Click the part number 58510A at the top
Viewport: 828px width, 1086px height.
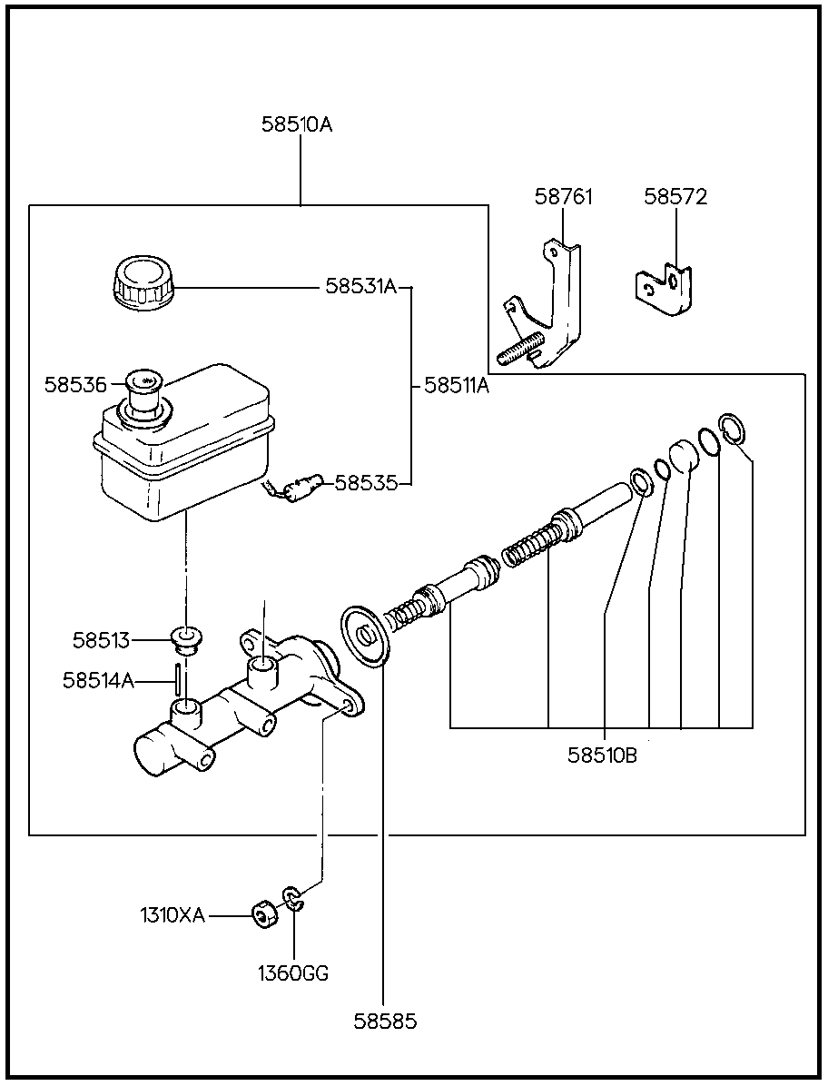pyautogui.click(x=297, y=124)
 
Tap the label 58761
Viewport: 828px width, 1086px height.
pyautogui.click(x=564, y=197)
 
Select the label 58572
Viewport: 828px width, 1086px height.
pyautogui.click(x=675, y=197)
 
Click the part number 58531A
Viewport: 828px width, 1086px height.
pyautogui.click(x=361, y=286)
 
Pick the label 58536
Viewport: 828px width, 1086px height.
pyautogui.click(x=76, y=384)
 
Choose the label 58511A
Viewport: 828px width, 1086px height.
pyautogui.click(x=457, y=386)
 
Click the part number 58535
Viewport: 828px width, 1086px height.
pyautogui.click(x=366, y=483)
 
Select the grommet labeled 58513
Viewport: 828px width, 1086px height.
pyautogui.click(x=185, y=641)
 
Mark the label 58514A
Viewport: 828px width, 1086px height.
pyautogui.click(x=98, y=681)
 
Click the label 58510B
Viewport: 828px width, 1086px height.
pyautogui.click(x=602, y=755)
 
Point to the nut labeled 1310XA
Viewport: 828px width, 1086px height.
pyautogui.click(x=264, y=915)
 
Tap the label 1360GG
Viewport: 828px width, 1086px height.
pyautogui.click(x=293, y=973)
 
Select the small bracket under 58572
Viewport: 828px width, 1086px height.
pyautogui.click(x=665, y=289)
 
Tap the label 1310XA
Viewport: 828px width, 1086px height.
pyautogui.click(x=173, y=916)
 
